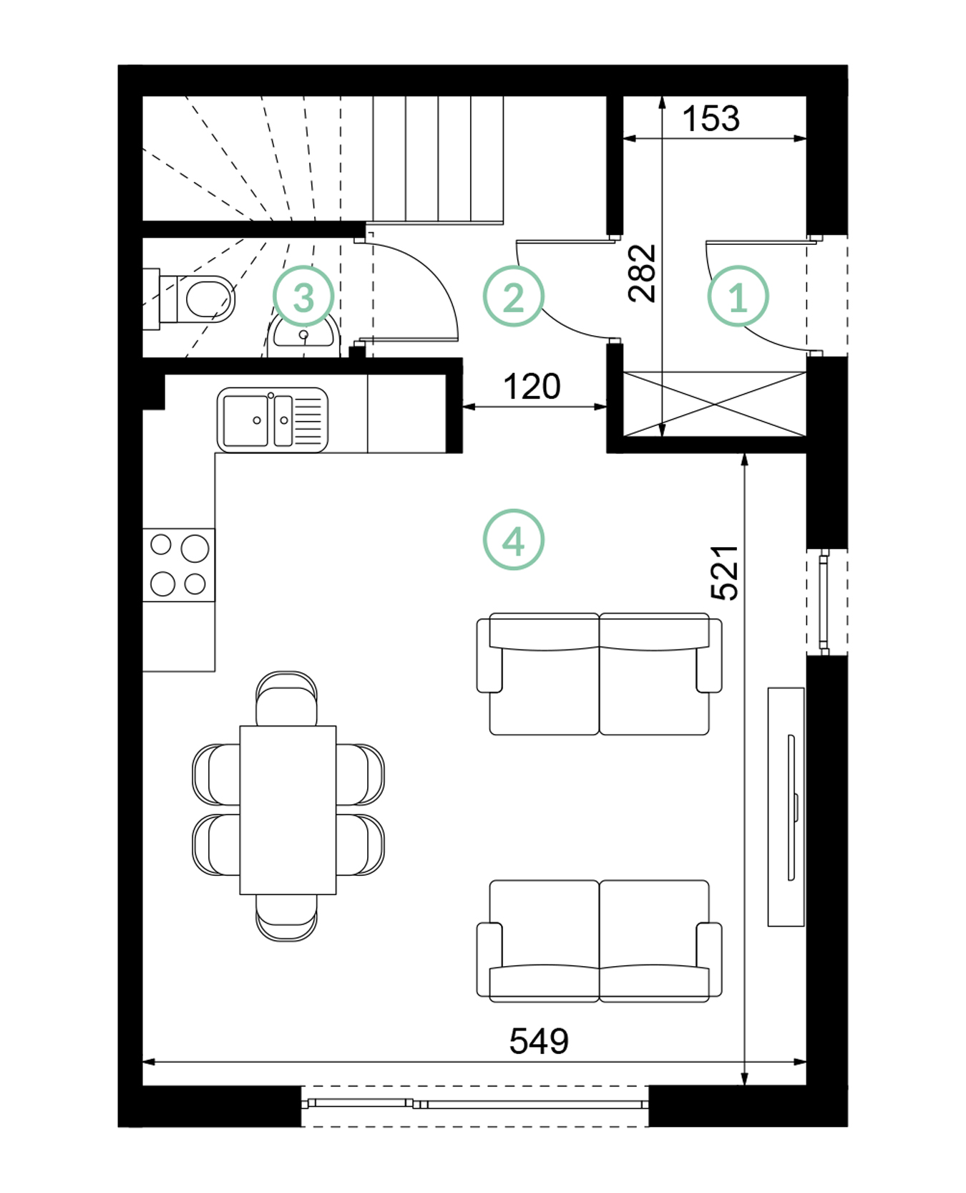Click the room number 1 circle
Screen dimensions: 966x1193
click(738, 296)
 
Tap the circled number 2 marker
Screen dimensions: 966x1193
click(513, 296)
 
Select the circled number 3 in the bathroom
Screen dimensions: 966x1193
click(303, 296)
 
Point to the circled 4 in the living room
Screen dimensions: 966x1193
click(513, 539)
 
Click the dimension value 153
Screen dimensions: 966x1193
click(710, 119)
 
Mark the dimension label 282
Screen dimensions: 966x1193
click(642, 273)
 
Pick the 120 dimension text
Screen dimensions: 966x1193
click(532, 387)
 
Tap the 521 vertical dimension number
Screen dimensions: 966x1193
click(724, 572)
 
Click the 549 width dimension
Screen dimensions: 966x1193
click(539, 1041)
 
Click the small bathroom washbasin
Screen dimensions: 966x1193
click(303, 334)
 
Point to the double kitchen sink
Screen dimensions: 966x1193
click(273, 420)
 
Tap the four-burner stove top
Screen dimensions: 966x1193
click(179, 565)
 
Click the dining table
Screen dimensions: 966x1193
click(288, 810)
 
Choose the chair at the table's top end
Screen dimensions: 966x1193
click(286, 699)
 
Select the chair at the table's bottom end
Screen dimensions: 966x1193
click(286, 917)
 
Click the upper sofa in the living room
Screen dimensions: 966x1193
click(599, 674)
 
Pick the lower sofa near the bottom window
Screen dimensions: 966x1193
click(599, 940)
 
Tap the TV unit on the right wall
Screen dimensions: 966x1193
click(786, 807)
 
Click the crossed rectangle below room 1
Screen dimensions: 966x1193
click(715, 404)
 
